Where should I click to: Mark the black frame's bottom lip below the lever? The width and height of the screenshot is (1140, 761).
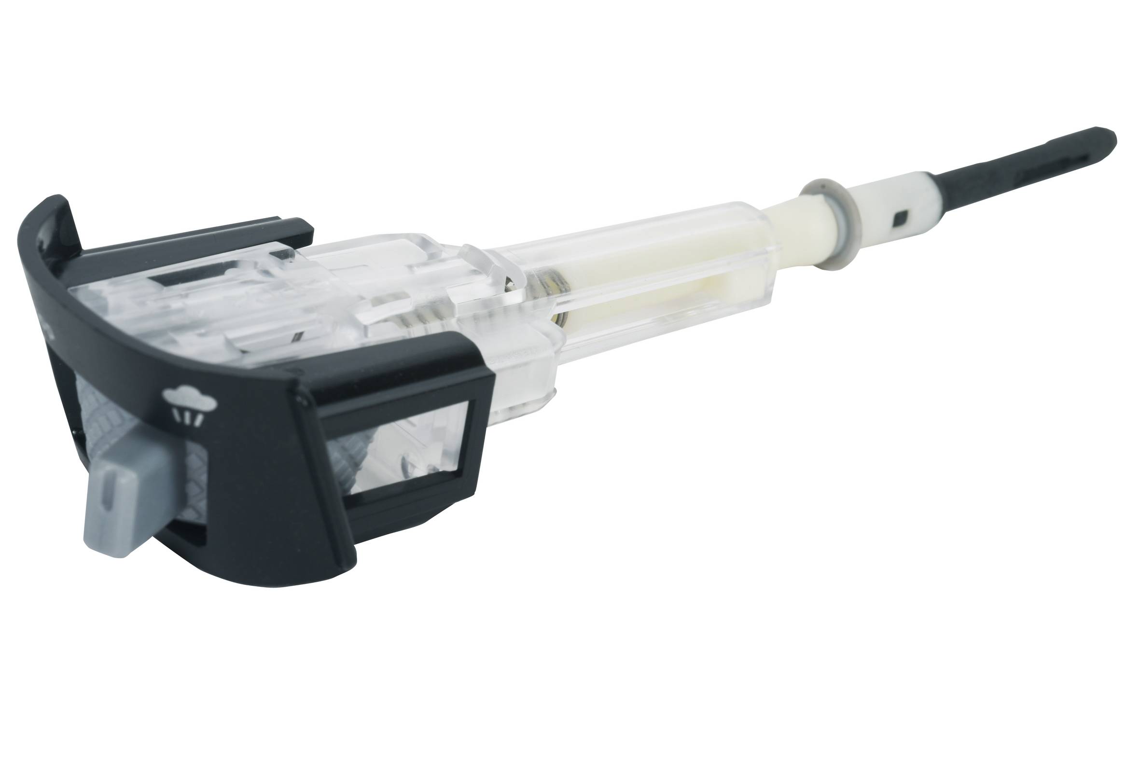[243, 568]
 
